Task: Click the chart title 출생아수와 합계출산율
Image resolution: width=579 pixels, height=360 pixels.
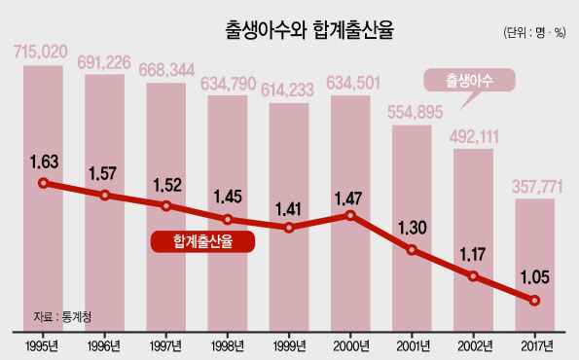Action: (x=309, y=30)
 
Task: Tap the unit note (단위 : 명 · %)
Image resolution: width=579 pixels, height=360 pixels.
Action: (x=534, y=32)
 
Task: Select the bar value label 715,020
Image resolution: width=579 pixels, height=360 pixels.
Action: (x=41, y=52)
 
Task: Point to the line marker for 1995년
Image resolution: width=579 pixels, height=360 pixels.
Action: (x=44, y=183)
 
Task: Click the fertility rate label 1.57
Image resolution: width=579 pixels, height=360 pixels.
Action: (x=102, y=173)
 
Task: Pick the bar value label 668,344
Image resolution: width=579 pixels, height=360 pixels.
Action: (x=167, y=70)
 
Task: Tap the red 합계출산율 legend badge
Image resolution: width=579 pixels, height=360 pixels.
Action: (x=202, y=242)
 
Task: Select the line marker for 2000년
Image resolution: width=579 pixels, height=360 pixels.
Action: (x=350, y=215)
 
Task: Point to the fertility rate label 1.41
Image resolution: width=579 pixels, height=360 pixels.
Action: (x=288, y=209)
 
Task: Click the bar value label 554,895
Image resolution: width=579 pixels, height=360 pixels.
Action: (x=416, y=112)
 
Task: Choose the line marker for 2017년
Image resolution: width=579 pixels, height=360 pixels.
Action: (x=534, y=301)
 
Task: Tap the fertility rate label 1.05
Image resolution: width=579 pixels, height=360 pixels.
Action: (x=534, y=277)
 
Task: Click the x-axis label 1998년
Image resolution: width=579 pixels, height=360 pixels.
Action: (x=228, y=346)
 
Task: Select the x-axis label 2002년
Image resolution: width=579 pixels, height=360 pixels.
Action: (x=475, y=346)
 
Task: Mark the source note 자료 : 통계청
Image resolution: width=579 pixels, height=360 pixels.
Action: (x=62, y=316)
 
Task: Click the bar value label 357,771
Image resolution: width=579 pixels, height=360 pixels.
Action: (x=537, y=187)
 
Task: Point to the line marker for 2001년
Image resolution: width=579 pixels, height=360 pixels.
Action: (x=412, y=250)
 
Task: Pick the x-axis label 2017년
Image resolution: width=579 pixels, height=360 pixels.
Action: (x=537, y=346)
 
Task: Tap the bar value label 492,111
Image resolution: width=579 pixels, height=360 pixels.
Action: (x=474, y=136)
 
